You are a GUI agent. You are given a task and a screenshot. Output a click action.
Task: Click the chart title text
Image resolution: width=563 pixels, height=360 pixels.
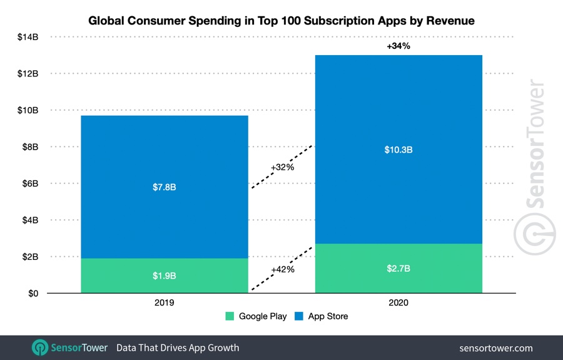pyautogui.click(x=281, y=21)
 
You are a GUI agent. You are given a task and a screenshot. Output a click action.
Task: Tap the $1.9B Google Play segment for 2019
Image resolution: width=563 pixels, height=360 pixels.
pyautogui.click(x=165, y=276)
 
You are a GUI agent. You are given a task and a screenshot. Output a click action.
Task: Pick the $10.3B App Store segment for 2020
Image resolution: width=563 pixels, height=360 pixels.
pyautogui.click(x=398, y=150)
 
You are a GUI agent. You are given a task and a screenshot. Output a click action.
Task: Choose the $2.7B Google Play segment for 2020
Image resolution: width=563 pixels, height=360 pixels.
pyautogui.click(x=398, y=269)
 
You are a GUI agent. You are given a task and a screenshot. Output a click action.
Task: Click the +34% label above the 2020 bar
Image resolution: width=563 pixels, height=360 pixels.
pyautogui.click(x=398, y=46)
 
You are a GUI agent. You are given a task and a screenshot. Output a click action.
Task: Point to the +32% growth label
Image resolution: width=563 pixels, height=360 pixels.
pyautogui.click(x=283, y=167)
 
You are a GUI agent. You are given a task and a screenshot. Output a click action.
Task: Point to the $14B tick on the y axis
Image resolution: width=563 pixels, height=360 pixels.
pyautogui.click(x=28, y=37)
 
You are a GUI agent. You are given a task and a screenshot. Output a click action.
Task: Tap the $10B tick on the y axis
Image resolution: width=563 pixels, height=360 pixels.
pyautogui.click(x=28, y=110)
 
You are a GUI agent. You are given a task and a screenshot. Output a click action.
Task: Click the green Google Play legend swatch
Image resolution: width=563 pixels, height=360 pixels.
pyautogui.click(x=230, y=316)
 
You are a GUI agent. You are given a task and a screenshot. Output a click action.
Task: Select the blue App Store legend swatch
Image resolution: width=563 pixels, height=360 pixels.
pyautogui.click(x=299, y=316)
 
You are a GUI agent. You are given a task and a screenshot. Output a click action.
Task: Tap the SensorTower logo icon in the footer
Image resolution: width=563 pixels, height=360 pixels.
pyautogui.click(x=40, y=347)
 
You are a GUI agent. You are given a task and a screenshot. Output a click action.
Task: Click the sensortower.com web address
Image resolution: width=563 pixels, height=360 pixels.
pyautogui.click(x=496, y=347)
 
